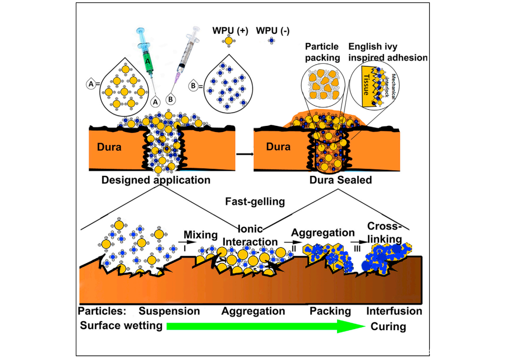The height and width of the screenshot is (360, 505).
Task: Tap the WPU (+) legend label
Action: (230, 30)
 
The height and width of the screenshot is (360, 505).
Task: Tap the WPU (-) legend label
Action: (273, 30)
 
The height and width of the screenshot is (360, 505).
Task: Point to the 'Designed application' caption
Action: (155, 179)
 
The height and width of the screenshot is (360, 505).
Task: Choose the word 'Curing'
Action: (389, 327)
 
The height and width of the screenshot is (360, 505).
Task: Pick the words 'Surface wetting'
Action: (121, 326)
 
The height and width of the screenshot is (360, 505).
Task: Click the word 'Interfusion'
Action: (394, 310)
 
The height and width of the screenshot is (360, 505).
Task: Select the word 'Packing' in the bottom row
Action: (330, 310)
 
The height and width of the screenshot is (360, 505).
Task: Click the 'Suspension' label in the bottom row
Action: (170, 310)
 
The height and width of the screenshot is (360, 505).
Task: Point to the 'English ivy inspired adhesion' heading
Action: (388, 52)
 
